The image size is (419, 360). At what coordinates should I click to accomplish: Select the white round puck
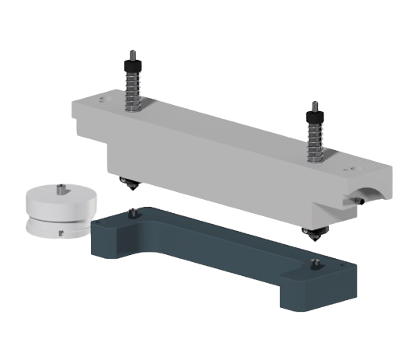[x=58, y=208]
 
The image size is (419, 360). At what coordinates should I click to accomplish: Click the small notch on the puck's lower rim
[x=59, y=231]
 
